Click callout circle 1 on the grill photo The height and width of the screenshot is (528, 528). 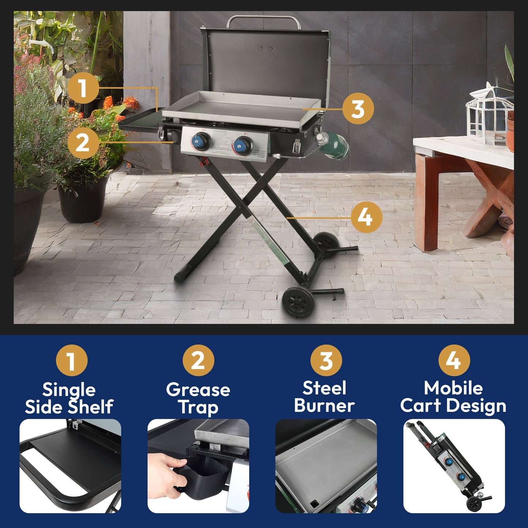pyautogui.click(x=83, y=88)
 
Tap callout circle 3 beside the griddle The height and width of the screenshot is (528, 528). pyautogui.click(x=358, y=109)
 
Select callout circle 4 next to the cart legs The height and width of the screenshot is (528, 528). pyautogui.click(x=366, y=217)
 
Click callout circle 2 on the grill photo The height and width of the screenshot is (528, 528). pyautogui.click(x=83, y=143)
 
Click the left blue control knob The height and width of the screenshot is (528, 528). pyautogui.click(x=202, y=141)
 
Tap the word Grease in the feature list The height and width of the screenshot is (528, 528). pyautogui.click(x=198, y=390)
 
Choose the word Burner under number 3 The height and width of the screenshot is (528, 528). pyautogui.click(x=324, y=406)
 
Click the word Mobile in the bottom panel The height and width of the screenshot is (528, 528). pyautogui.click(x=453, y=388)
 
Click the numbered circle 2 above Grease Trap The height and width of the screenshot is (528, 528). pyautogui.click(x=198, y=361)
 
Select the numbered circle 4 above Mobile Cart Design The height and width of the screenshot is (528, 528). pyautogui.click(x=454, y=361)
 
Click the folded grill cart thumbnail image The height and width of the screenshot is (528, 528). pyautogui.click(x=454, y=466)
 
